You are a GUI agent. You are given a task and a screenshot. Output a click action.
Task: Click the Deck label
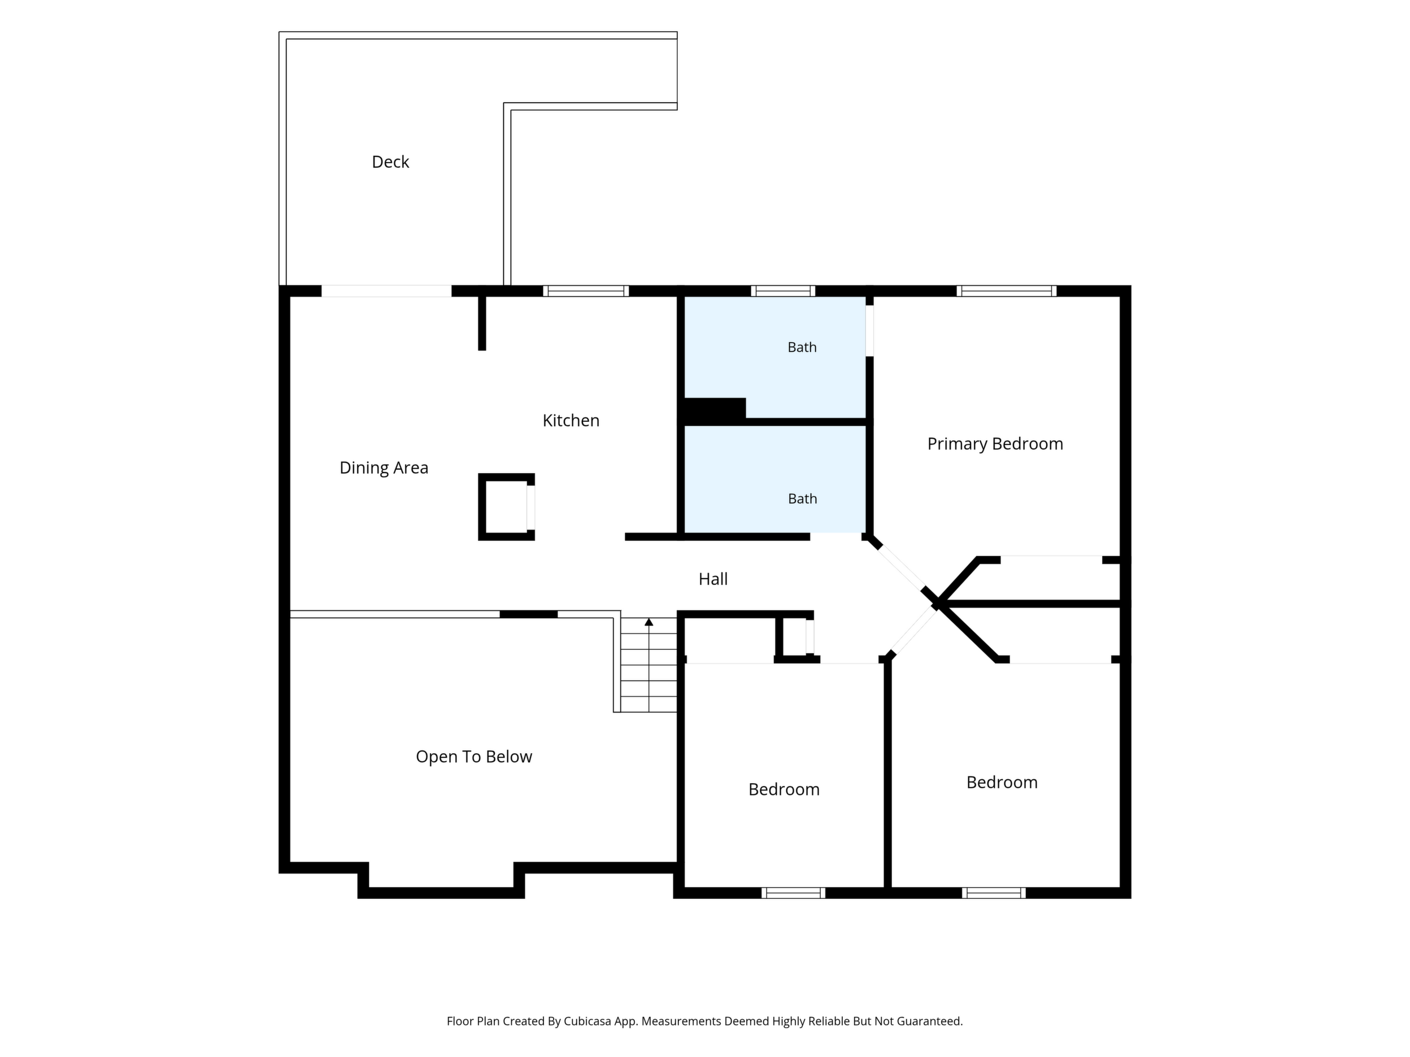coord(390,162)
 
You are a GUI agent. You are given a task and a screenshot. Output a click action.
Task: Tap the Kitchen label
coord(571,421)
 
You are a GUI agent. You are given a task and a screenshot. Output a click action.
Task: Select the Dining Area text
coord(384,468)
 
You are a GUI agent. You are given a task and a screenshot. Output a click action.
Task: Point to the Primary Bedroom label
coord(995,444)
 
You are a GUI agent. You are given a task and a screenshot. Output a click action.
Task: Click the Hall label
coord(713,579)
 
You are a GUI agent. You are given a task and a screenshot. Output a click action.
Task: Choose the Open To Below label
coord(473,757)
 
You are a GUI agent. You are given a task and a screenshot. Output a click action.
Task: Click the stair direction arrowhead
coord(649,621)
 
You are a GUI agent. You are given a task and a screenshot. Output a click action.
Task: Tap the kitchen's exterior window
coord(586,291)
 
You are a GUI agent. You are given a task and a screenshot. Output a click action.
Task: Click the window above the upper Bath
coord(783,291)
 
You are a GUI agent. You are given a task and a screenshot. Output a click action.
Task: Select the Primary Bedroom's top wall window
coord(1007,291)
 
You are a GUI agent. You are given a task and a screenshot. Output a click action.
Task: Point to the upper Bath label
coord(802,347)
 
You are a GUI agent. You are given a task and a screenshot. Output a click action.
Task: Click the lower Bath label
coord(803,499)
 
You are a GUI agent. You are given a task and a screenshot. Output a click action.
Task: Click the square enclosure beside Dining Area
coord(506,507)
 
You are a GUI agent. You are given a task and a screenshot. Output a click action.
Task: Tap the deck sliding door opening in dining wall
coord(386,291)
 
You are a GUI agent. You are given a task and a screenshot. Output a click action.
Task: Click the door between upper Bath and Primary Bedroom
coord(869,331)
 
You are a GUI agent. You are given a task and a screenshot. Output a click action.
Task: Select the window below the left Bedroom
coord(794,893)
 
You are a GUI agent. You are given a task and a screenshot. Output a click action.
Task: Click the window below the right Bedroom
coord(994,893)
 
